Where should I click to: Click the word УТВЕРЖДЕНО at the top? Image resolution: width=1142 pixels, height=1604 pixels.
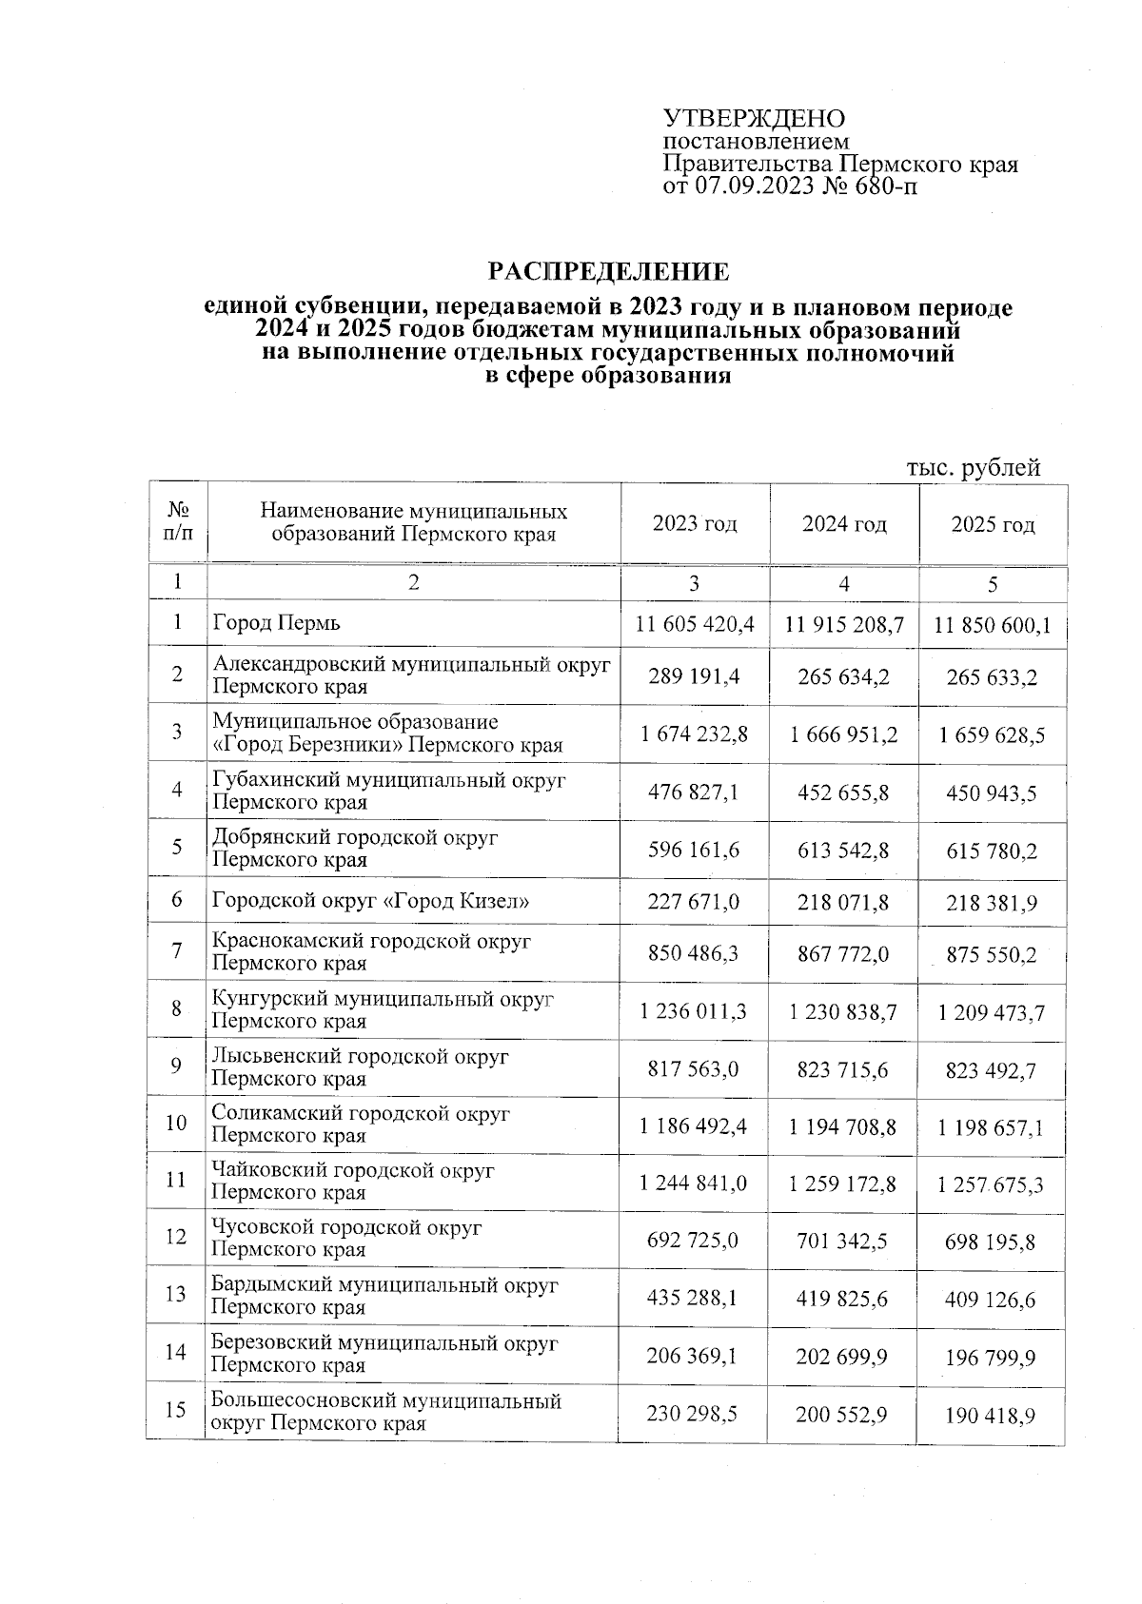tap(754, 119)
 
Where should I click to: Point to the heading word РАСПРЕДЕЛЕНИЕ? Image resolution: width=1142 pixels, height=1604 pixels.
tap(609, 272)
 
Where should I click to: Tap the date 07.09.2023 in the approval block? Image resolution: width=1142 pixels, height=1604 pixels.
tap(754, 186)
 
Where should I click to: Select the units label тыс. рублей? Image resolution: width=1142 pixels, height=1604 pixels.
tap(973, 467)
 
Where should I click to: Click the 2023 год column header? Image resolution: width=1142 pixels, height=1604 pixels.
tap(695, 523)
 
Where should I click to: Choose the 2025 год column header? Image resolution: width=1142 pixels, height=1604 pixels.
tap(993, 524)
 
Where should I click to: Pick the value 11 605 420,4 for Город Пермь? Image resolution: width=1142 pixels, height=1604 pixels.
tap(695, 624)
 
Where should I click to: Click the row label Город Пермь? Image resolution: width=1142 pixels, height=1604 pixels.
tap(276, 623)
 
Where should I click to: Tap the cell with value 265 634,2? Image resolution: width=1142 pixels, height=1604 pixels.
tap(843, 676)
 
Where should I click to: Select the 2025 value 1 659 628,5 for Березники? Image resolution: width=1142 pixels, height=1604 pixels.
tap(992, 734)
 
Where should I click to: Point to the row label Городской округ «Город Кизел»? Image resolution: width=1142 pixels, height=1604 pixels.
tap(370, 900)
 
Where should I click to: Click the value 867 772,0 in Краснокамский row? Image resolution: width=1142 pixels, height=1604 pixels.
tap(843, 952)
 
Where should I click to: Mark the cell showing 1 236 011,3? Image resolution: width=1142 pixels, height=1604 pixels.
tap(695, 1011)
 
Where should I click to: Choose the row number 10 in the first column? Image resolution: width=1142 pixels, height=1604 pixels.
tap(176, 1124)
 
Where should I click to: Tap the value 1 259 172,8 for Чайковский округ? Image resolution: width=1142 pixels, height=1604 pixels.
tap(843, 1184)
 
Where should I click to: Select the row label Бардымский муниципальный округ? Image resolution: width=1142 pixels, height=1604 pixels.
tap(384, 1285)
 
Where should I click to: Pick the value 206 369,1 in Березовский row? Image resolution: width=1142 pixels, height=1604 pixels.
tap(695, 1354)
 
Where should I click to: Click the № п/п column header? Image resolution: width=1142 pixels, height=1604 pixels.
tap(177, 522)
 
